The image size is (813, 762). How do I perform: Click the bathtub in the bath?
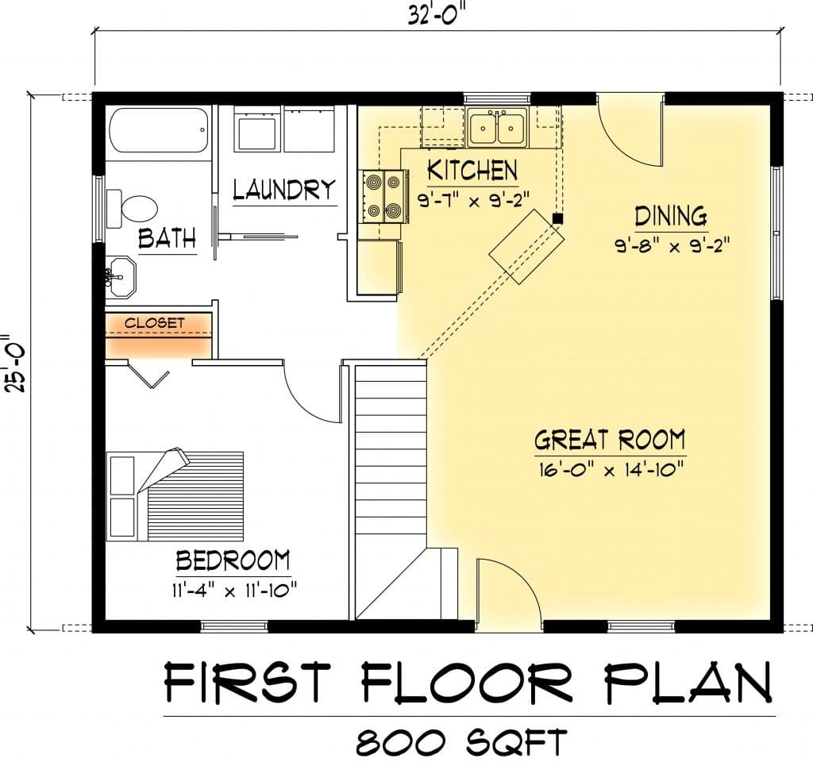[159, 129]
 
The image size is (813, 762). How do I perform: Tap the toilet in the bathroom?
[132, 209]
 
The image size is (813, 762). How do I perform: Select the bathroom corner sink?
[121, 277]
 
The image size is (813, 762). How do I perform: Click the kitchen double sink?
[497, 128]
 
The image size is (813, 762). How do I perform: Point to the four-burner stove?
[383, 197]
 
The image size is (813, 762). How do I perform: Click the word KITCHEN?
[472, 171]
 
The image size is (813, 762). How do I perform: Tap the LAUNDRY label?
[284, 190]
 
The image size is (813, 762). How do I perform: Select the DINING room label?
[671, 216]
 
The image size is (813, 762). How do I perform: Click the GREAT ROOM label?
[610, 440]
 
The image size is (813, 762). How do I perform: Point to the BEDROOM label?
[233, 560]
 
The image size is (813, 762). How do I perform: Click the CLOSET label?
[155, 323]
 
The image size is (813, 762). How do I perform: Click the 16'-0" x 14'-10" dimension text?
[611, 470]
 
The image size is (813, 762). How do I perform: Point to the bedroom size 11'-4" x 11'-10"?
[234, 591]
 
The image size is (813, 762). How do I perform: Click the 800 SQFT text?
[461, 742]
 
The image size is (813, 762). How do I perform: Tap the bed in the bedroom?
[175, 495]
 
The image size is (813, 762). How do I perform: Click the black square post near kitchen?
[557, 219]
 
